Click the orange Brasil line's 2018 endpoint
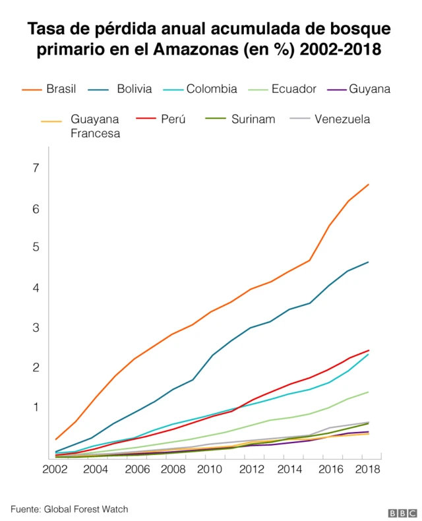(368, 185)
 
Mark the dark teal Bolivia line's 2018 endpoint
(368, 262)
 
